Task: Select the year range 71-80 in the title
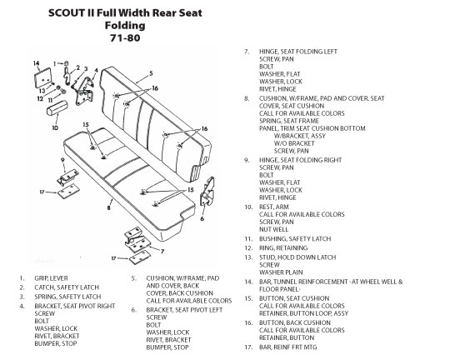coord(125,37)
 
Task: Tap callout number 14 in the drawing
coord(36,63)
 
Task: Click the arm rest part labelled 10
coord(57,107)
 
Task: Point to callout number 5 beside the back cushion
coord(151,74)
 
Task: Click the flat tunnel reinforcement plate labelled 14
coord(42,77)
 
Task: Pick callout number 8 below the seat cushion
coord(109,207)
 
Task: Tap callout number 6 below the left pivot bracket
coord(202,218)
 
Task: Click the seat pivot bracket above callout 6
coord(207,192)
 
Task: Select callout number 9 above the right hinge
coord(62,160)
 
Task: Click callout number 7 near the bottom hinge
coord(162,251)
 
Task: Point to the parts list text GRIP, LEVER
coord(51,278)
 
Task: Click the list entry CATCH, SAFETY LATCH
coord(67,287)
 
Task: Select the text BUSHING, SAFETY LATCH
coord(295,238)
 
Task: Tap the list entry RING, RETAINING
coord(283,247)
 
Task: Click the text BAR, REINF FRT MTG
coord(288,347)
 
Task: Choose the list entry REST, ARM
coord(274,207)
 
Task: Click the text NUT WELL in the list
coord(273,229)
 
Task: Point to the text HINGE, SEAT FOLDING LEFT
coord(298,52)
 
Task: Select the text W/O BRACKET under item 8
coord(294,143)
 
